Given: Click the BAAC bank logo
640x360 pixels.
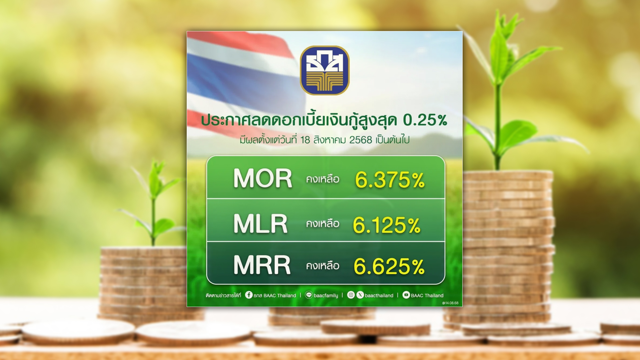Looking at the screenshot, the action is (x=325, y=70).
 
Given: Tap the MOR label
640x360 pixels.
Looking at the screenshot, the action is (x=263, y=178).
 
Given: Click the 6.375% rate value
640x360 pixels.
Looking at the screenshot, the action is (x=390, y=180).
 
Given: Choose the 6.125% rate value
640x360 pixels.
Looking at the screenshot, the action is (x=387, y=225).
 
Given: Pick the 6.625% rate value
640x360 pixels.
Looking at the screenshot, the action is (x=389, y=267).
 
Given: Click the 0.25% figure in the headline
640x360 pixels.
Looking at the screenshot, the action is (x=425, y=120).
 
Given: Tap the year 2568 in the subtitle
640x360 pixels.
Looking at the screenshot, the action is (x=361, y=140).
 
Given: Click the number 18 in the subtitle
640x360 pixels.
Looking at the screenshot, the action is (x=305, y=140).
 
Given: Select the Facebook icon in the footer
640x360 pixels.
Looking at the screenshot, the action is (x=249, y=295).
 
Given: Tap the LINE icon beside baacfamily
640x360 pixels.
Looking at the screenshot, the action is (x=309, y=295).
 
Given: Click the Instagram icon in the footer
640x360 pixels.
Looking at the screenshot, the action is (x=351, y=295).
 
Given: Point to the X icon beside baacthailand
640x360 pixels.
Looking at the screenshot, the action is (x=360, y=295).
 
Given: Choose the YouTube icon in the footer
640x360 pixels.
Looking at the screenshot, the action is (x=406, y=295).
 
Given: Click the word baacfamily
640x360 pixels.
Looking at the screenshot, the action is (x=326, y=296).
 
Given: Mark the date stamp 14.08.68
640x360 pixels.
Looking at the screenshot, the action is (x=450, y=303).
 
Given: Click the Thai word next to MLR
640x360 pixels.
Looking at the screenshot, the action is (x=323, y=223).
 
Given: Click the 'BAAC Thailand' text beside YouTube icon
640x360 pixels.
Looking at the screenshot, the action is (x=427, y=296).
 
